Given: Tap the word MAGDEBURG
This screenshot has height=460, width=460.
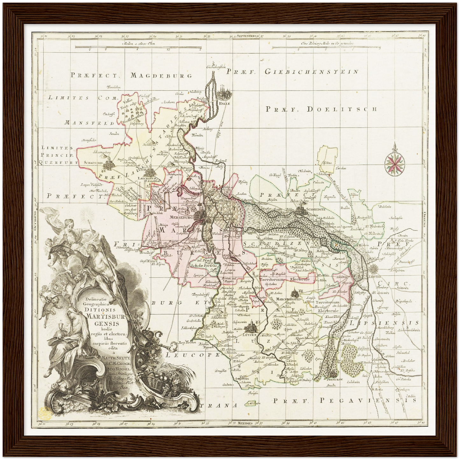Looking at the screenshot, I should tap(162, 75).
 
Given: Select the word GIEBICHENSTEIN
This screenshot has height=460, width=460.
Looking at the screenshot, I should tap(311, 72).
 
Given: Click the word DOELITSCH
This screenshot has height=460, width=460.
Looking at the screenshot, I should tap(342, 109).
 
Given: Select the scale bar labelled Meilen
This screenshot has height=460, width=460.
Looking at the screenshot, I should tap(138, 49).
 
